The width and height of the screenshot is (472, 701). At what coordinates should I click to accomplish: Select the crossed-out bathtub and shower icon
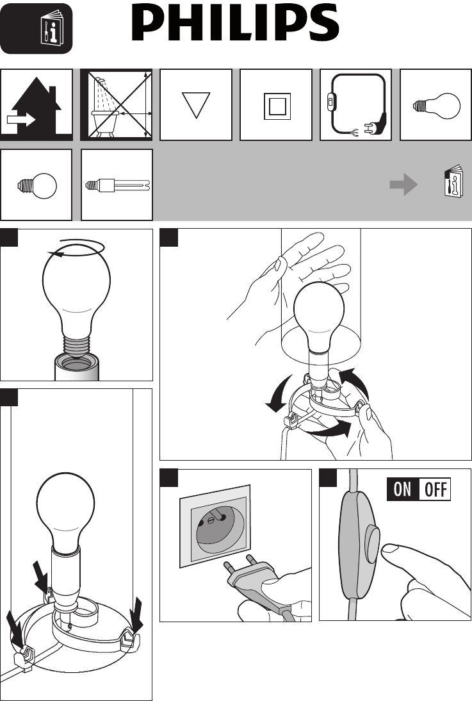coord(117,105)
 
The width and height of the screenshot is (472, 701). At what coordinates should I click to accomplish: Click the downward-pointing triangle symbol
coord(196,105)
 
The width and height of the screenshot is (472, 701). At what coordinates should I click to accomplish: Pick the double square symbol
coord(277,106)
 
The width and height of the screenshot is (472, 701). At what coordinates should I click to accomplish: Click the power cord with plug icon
coord(357,105)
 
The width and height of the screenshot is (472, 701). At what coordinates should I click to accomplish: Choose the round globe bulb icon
coord(37,185)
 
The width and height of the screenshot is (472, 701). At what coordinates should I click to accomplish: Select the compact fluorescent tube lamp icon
coord(118,185)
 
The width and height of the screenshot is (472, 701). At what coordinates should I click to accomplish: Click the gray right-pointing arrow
coord(403,185)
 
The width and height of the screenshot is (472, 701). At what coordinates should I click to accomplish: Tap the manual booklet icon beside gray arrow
coord(453,181)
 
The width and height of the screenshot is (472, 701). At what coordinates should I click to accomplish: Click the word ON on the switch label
coord(402,490)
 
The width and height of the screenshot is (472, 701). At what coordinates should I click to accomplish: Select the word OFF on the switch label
coord(435,490)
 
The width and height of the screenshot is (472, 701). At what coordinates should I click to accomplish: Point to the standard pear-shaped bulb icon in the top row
coord(436,106)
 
